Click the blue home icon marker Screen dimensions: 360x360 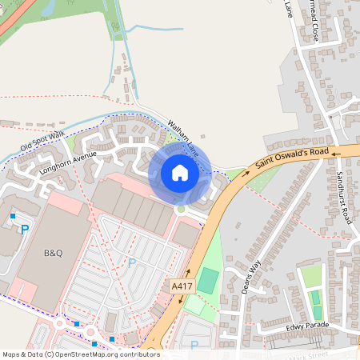(179, 173)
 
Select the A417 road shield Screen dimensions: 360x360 (182, 286)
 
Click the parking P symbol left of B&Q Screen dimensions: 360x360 (24, 230)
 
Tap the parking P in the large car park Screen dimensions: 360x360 (132, 262)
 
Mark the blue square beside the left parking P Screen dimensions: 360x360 (13, 216)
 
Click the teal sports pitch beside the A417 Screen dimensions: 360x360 (207, 280)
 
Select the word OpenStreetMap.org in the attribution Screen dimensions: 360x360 (86, 354)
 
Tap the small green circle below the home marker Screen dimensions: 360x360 (181, 209)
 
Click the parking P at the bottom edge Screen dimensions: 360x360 (194, 346)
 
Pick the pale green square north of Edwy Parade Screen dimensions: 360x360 (310, 276)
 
